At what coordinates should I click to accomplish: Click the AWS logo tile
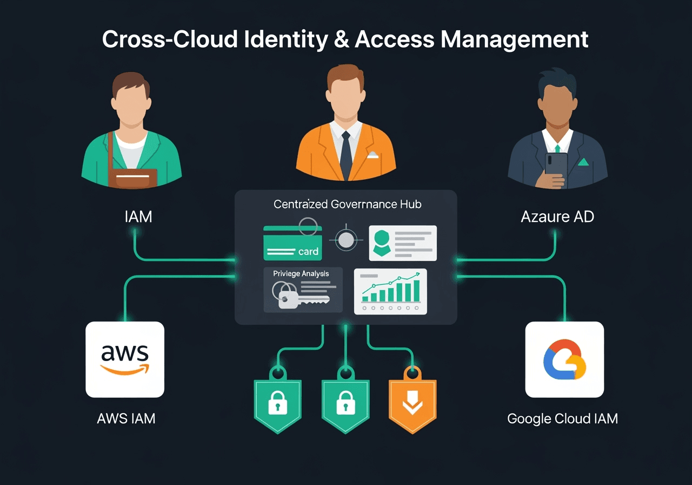[125, 359]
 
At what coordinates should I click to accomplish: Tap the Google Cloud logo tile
[564, 359]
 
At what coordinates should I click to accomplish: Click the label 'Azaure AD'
[557, 217]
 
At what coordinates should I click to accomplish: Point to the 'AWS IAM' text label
[126, 418]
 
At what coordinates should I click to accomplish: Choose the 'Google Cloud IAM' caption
[562, 418]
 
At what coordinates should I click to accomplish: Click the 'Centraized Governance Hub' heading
[347, 204]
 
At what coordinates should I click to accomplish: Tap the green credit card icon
[292, 244]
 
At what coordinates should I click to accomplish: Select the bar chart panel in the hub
[390, 291]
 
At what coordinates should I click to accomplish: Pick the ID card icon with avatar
[403, 243]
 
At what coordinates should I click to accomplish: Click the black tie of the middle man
[346, 154]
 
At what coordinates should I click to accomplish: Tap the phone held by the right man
[556, 169]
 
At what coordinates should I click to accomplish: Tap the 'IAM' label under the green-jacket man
[138, 217]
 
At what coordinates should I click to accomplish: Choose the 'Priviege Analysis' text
[301, 273]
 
